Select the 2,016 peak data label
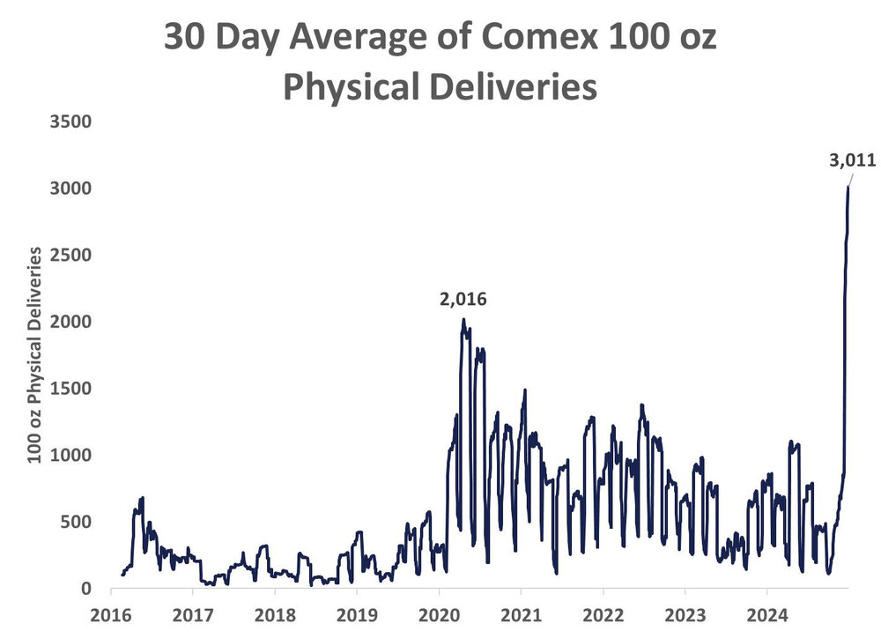pos(463,300)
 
